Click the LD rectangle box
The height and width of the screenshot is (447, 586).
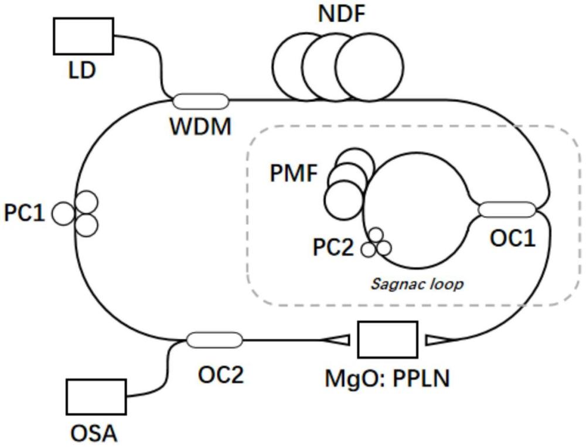[83, 36]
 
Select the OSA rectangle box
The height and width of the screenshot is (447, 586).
[96, 397]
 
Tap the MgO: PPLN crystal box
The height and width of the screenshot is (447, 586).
[387, 339]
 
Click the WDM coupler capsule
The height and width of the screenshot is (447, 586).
[200, 101]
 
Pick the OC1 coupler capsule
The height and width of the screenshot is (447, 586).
[507, 209]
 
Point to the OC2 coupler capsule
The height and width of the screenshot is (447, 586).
[214, 339]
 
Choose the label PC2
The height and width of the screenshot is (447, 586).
[333, 248]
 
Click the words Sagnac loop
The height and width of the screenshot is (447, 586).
[417, 285]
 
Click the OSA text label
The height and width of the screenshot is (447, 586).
[94, 434]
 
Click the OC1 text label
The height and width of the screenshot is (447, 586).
[513, 238]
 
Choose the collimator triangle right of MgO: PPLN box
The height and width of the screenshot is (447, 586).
[437, 339]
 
